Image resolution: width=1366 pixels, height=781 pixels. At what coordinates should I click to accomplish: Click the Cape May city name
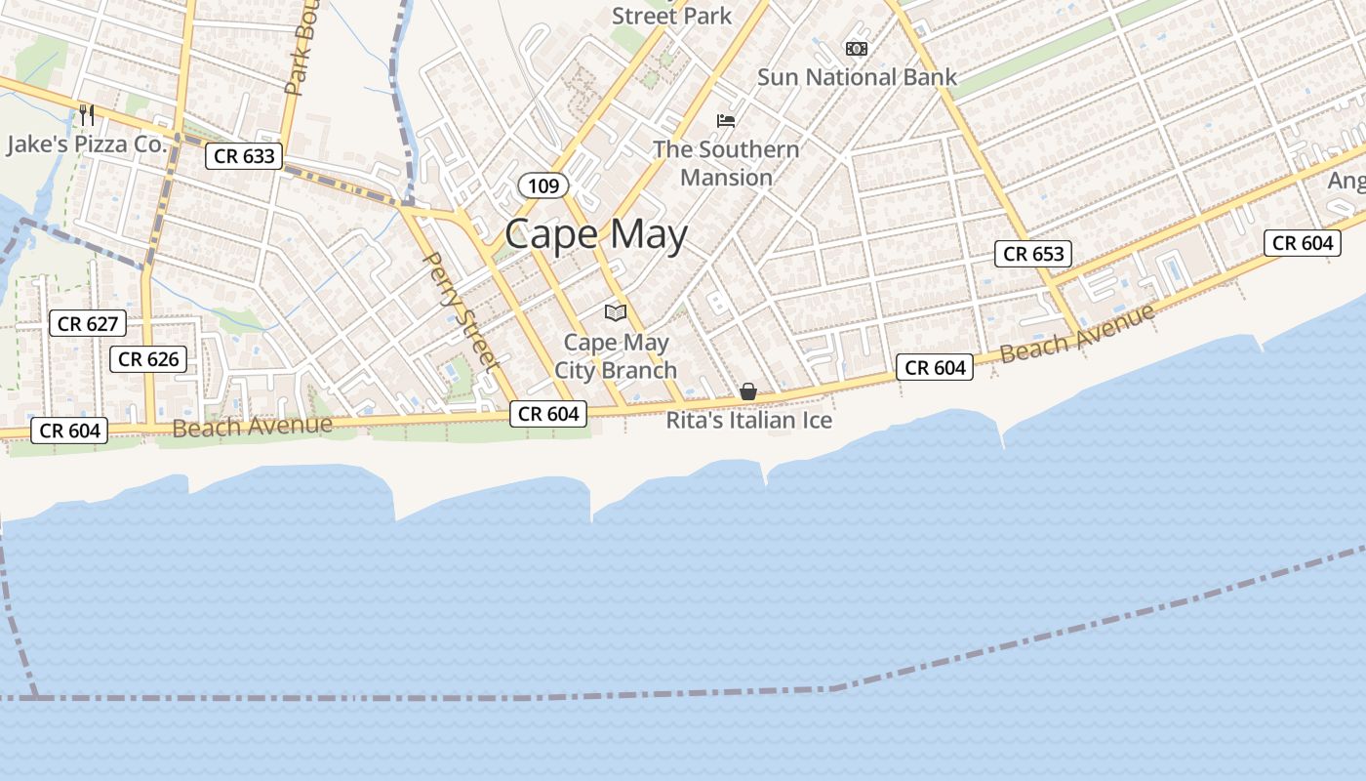tap(596, 235)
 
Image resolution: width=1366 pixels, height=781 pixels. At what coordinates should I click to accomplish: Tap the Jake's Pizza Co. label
tap(88, 144)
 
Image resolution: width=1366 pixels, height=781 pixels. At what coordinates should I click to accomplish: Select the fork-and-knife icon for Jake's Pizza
tap(87, 115)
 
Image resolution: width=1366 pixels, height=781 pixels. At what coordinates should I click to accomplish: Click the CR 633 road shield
tap(244, 155)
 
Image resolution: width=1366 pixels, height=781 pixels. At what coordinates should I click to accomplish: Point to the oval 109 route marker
tap(542, 185)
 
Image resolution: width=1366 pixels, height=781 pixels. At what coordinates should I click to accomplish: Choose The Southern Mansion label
tap(726, 163)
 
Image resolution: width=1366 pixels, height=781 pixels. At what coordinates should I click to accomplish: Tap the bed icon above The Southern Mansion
tap(726, 121)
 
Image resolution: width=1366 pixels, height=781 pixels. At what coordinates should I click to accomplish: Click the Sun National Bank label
tap(857, 77)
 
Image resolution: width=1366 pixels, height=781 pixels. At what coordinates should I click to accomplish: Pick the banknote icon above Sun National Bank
tap(856, 48)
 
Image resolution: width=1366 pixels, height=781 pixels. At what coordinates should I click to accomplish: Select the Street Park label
tap(671, 16)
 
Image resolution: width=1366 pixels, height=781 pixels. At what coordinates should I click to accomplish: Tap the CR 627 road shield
tap(88, 324)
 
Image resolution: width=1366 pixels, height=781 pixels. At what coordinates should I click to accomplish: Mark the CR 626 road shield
tap(148, 359)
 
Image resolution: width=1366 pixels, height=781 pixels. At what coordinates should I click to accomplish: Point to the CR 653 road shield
tap(1034, 254)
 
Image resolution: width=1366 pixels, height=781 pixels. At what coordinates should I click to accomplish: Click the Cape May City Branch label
tap(616, 356)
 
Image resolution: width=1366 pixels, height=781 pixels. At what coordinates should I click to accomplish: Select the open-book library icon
tap(615, 312)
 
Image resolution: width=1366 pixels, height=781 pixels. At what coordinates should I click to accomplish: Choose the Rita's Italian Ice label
tap(749, 421)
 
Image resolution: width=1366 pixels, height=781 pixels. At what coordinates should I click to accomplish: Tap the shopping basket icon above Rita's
tap(748, 391)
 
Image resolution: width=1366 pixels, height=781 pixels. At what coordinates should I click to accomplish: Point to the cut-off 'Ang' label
tap(1346, 182)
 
